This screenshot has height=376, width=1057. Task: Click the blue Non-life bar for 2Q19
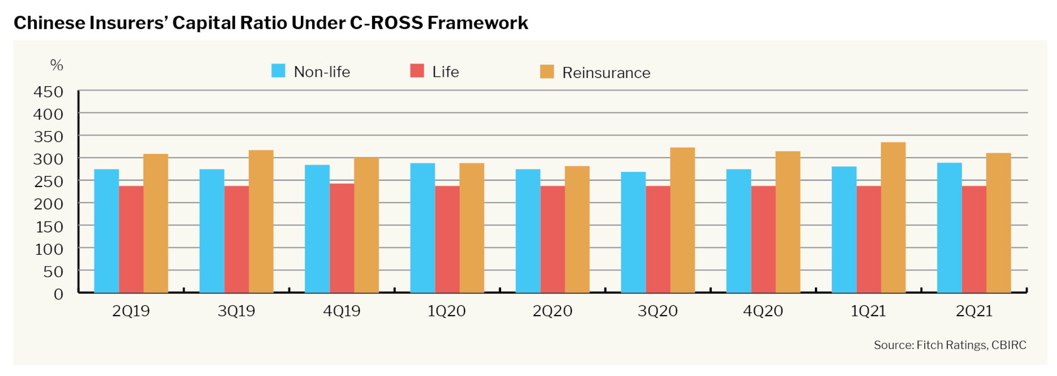pos(106,231)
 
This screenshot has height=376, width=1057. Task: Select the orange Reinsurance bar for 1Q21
pos(893,217)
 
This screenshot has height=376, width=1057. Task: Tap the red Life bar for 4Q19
pos(342,238)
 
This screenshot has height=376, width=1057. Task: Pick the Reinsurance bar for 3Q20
pos(682,220)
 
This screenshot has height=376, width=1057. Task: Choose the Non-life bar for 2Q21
pos(949,228)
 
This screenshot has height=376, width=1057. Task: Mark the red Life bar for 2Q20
pos(552,239)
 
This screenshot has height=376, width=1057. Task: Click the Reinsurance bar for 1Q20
pos(472,228)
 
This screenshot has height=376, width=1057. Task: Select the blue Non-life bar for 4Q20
pos(739,231)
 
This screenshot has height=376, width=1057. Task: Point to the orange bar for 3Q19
pos(261,222)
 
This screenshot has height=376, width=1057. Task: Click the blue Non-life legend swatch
pos(278,71)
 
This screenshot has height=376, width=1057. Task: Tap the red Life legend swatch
pos(417,71)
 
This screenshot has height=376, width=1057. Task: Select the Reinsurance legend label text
pos(606,73)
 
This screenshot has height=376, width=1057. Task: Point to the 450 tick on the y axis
pos(49,92)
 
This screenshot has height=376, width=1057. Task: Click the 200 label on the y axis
pos(49,204)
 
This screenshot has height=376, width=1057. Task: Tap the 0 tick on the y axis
pos(58,294)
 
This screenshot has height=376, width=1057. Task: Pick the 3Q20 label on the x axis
pos(658,311)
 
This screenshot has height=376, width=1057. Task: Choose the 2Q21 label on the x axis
pos(974,311)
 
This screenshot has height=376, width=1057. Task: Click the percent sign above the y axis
pos(56,65)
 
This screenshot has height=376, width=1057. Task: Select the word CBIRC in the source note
pos(1008,345)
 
